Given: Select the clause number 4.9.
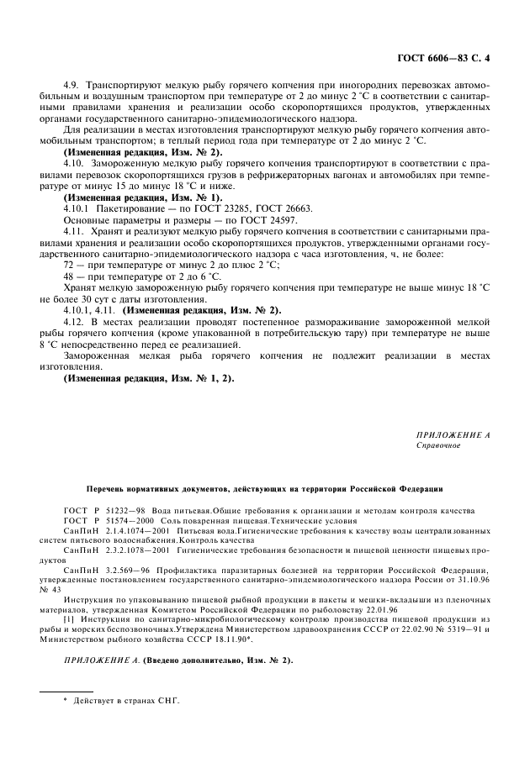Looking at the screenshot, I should [x=72, y=86].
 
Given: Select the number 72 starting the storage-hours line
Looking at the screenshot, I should [x=69, y=287].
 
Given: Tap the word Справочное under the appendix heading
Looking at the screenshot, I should [x=437, y=446].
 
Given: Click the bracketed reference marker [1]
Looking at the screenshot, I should [x=68, y=618].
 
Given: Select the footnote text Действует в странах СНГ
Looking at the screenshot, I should [x=127, y=701].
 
